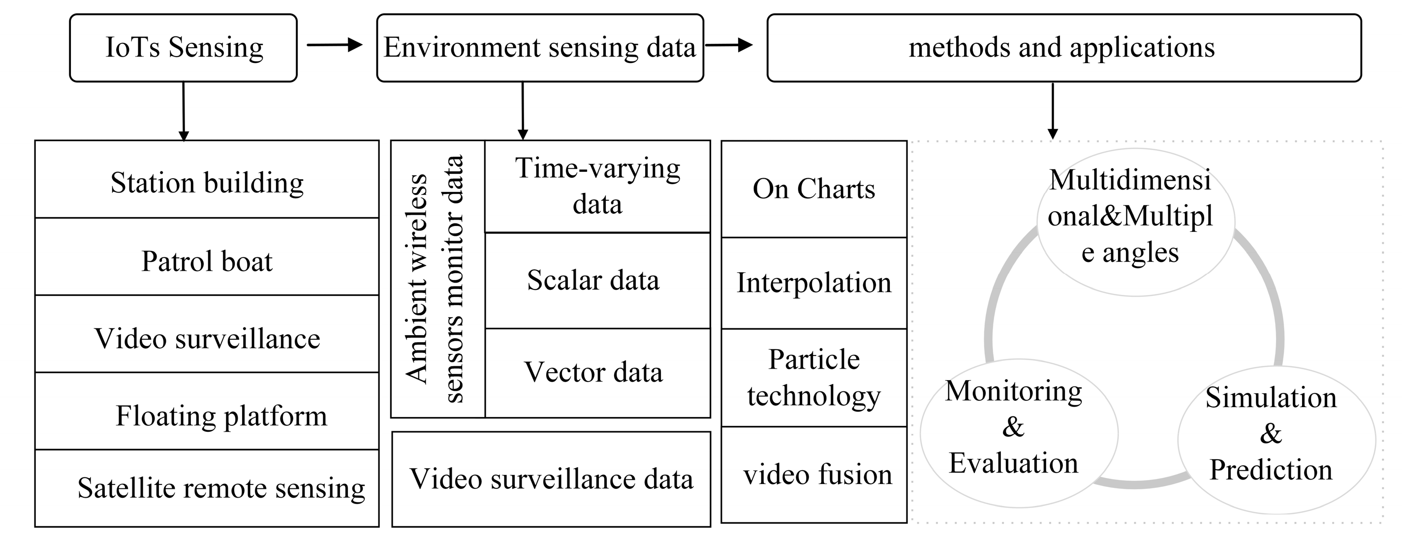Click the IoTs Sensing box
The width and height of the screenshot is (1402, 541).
pyautogui.click(x=184, y=48)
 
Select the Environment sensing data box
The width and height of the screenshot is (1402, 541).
pyautogui.click(x=539, y=48)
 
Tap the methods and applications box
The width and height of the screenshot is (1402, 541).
pyautogui.click(x=1063, y=48)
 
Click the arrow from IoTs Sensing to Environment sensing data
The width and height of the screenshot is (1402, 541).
pyautogui.click(x=334, y=45)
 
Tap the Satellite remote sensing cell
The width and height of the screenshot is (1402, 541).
pyautogui.click(x=207, y=488)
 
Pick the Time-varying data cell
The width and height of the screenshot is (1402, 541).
pyautogui.click(x=597, y=186)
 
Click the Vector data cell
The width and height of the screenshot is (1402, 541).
pyautogui.click(x=597, y=373)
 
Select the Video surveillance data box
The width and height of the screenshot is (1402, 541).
pyautogui.click(x=551, y=479)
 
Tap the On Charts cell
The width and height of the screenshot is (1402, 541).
pyautogui.click(x=813, y=190)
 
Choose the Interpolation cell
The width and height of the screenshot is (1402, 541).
pyautogui.click(x=813, y=283)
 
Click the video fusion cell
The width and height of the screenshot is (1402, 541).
pyautogui.click(x=813, y=475)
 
